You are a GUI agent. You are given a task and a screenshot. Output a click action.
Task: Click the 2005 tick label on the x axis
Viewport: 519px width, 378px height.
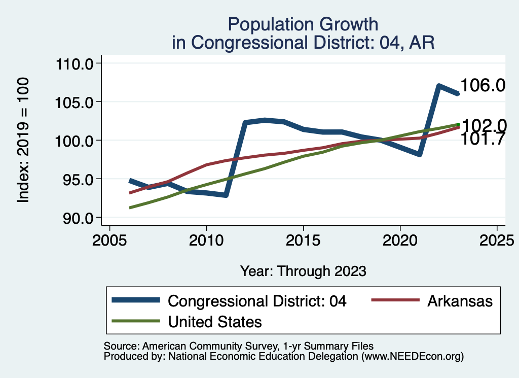pos(109,239)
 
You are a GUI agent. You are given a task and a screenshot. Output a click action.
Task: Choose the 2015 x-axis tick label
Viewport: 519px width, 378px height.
pos(303,239)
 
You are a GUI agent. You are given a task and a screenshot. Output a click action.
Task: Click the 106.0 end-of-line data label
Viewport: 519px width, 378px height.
pos(483,85)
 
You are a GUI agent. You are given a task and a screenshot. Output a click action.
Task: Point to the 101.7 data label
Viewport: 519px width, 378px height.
pos(483,139)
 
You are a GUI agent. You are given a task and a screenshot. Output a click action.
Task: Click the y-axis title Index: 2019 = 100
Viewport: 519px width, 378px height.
pos(23,141)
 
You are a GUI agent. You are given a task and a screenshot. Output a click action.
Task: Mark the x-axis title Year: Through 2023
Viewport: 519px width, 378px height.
pos(303,271)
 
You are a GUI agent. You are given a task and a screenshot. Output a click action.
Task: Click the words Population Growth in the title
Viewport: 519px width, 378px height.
pos(303,24)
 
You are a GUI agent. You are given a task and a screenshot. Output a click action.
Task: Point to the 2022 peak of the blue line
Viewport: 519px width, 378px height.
pos(439,86)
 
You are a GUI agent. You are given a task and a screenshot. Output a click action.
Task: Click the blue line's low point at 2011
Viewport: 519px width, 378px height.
pos(226,195)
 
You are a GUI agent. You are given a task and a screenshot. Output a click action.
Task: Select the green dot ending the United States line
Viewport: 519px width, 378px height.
pos(458,124)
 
